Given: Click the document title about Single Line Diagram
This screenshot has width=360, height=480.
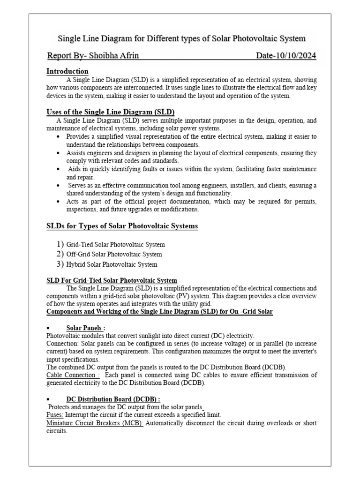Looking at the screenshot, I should click(181, 38).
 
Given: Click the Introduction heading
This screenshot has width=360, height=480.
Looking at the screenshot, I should click(67, 71).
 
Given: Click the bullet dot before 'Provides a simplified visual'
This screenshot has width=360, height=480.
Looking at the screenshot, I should click(57, 136).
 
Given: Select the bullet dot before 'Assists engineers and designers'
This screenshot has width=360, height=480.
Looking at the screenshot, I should click(57, 153).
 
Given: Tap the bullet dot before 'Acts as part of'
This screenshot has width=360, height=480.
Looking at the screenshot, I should click(57, 202).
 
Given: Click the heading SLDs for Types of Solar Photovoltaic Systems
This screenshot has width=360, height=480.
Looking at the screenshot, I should click(122, 226).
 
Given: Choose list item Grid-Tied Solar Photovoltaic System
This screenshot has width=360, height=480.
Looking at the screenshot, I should click(116, 245).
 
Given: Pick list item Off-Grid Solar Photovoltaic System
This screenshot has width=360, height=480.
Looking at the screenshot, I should click(115, 255).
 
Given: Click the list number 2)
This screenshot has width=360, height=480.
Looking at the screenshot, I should click(60, 254).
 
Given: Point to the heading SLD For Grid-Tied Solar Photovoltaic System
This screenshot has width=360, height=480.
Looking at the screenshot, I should click(112, 280).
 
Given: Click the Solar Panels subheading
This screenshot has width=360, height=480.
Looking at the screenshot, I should click(85, 328).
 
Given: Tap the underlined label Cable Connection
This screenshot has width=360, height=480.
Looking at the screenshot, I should click(73, 375).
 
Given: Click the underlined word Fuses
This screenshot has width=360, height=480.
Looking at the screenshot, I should click(54, 415).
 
